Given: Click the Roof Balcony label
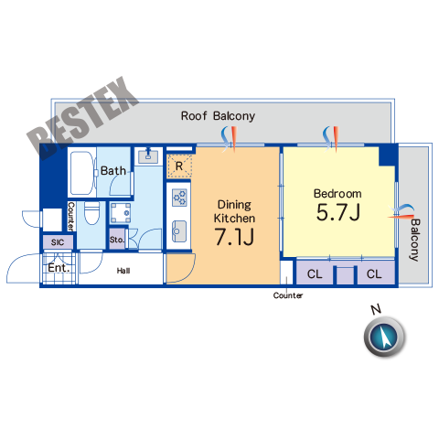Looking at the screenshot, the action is tap(218, 116).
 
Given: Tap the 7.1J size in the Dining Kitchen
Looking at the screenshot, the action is tap(234, 237).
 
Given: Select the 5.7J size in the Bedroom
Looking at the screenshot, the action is tap(338, 212).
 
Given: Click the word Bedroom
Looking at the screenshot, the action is tap(337, 194).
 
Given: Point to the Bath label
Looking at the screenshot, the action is tap(113, 171).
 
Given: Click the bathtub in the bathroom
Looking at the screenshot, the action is tap(82, 173).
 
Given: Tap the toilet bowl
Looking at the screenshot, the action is tap(91, 213).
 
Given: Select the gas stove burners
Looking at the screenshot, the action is tap(179, 198).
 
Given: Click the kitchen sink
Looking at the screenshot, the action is tap(179, 230).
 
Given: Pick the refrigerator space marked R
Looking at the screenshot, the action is tap(179, 166).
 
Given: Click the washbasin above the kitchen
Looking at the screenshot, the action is tap(148, 156).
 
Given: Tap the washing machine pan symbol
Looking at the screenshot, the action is tap(121, 213).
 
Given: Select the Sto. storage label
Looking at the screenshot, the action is tap(117, 240).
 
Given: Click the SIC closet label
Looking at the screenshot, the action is tap(58, 242).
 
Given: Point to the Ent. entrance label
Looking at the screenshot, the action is tap(59, 268).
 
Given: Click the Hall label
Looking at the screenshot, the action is tap(123, 271).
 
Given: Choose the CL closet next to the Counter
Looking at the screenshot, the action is tap(315, 274).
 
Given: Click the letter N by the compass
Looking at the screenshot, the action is tap(376, 309).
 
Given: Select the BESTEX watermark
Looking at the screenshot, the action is tap(82, 118).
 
